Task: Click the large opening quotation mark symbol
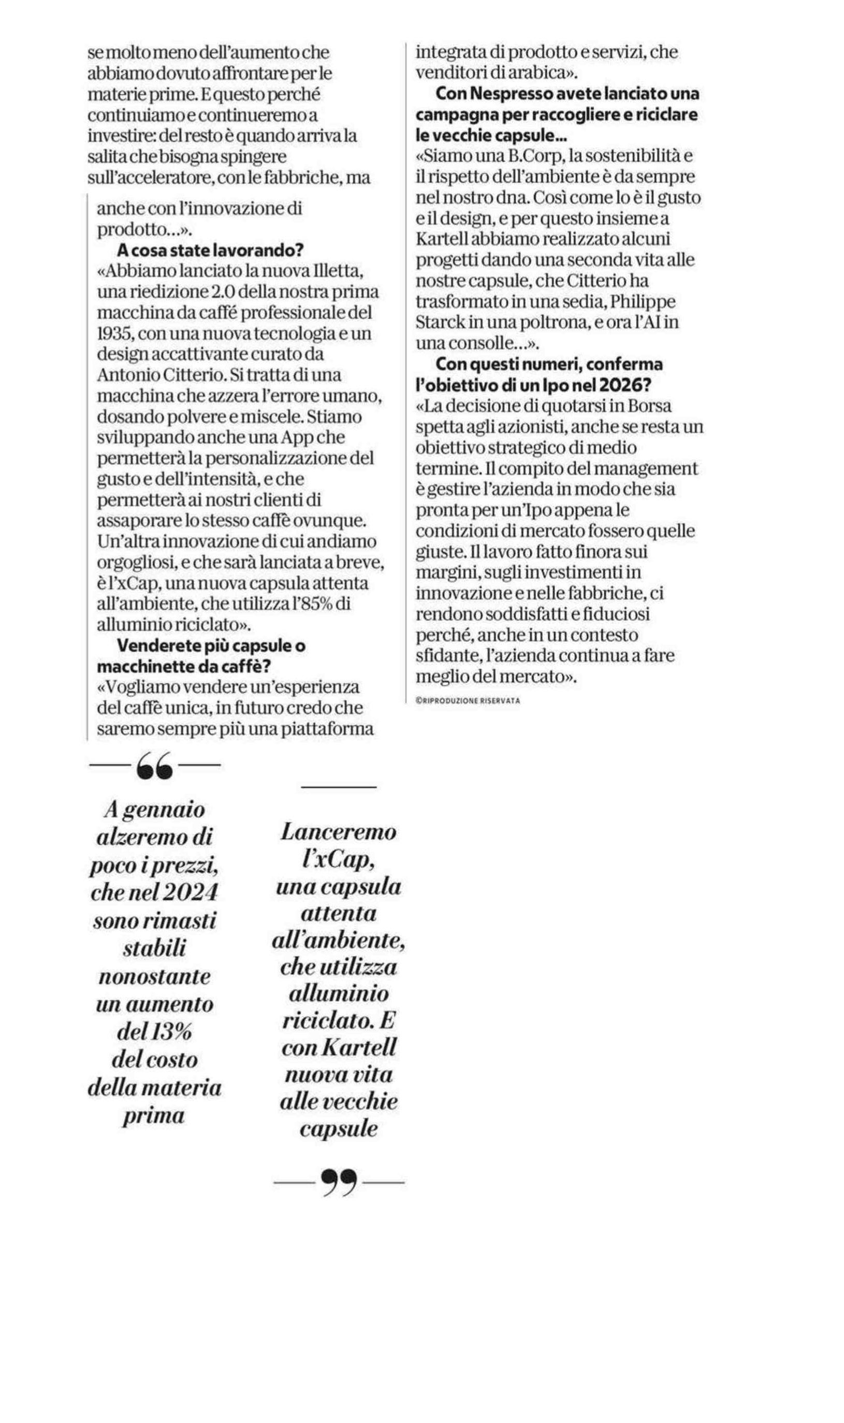click(154, 765)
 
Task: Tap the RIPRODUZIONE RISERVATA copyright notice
click(468, 701)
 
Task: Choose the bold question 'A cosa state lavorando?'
click(210, 250)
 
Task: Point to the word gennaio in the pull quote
click(163, 810)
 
